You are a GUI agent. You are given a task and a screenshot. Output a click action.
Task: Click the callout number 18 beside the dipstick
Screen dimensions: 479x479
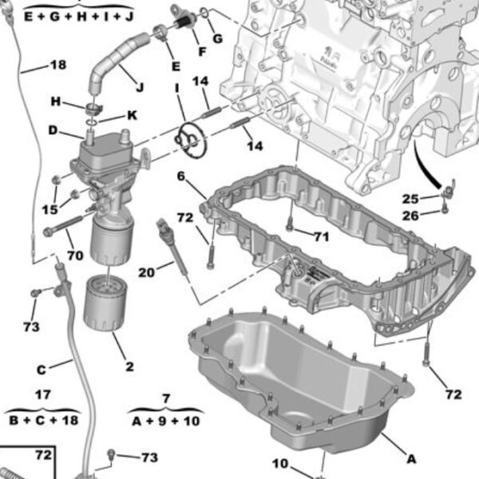click(x=58, y=65)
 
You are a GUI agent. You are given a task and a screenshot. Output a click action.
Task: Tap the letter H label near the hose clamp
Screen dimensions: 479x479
click(x=56, y=101)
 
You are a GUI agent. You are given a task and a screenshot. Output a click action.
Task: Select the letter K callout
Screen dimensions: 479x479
click(x=131, y=115)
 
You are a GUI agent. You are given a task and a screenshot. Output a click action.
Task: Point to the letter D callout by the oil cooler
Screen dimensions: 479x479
click(x=53, y=129)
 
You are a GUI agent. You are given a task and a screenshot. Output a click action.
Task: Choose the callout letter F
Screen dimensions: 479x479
click(x=201, y=53)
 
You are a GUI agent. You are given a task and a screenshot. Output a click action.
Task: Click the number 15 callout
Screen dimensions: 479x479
click(x=50, y=209)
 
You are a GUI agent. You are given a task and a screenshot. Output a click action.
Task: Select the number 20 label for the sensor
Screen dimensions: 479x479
click(x=145, y=272)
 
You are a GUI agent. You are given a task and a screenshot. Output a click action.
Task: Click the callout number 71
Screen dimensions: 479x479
click(x=320, y=236)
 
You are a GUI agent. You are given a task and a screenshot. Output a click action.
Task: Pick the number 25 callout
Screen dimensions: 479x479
click(x=410, y=198)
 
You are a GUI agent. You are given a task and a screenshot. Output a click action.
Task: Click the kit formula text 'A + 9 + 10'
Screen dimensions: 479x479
click(x=166, y=422)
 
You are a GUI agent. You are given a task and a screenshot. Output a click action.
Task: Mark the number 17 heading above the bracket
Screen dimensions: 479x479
click(x=43, y=394)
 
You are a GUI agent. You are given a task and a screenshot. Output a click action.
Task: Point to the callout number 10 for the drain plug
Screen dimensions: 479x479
click(x=279, y=463)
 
